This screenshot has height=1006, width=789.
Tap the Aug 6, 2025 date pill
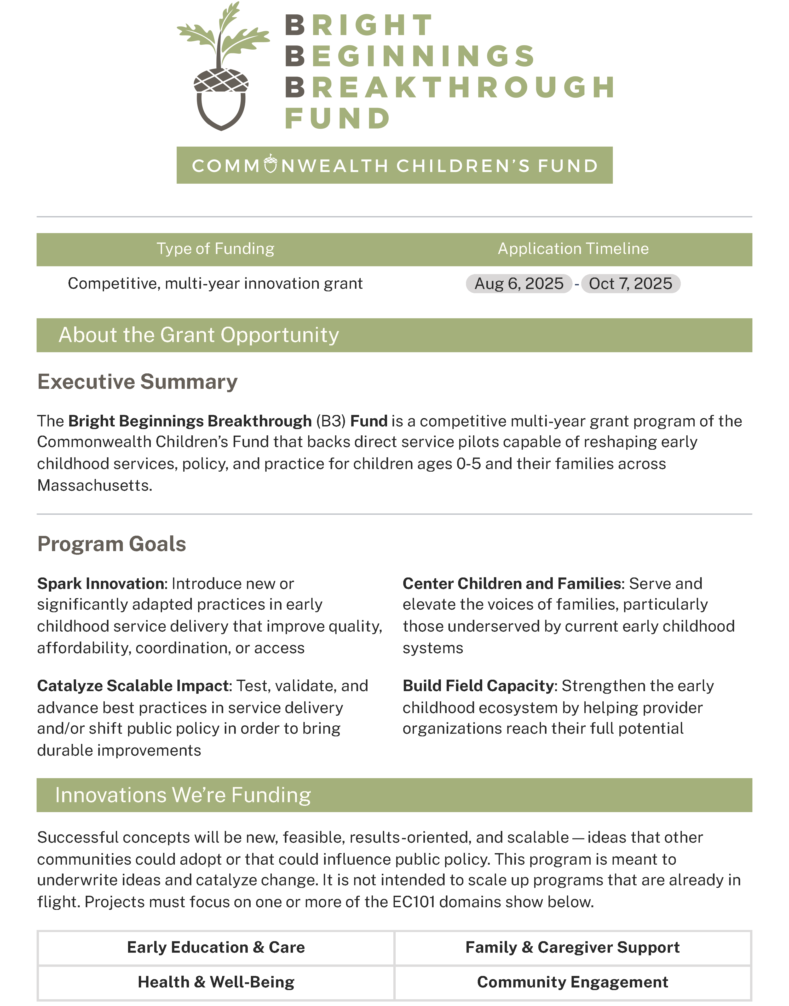(x=519, y=284)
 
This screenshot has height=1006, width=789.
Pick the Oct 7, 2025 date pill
(x=631, y=284)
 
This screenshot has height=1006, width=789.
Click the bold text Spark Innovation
(x=101, y=584)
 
